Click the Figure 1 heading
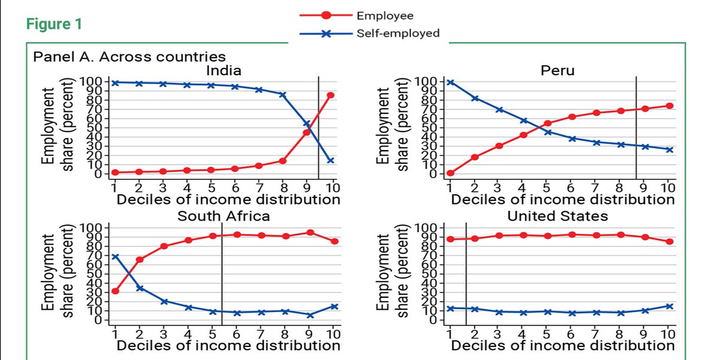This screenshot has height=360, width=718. [x=54, y=25]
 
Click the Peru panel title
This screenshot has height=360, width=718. [x=557, y=71]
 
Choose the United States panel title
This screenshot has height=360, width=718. [x=557, y=216]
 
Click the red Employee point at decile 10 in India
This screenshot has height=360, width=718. [x=330, y=95]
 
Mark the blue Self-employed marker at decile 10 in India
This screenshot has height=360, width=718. [x=330, y=160]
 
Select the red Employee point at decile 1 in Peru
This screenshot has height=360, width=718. [x=451, y=173]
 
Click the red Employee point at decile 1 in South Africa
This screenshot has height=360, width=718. [x=115, y=291]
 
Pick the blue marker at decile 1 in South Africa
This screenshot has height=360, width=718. [x=115, y=257]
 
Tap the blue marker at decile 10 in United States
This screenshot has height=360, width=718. [x=669, y=306]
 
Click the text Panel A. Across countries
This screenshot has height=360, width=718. [x=130, y=57]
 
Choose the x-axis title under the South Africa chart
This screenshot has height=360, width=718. [x=229, y=345]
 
